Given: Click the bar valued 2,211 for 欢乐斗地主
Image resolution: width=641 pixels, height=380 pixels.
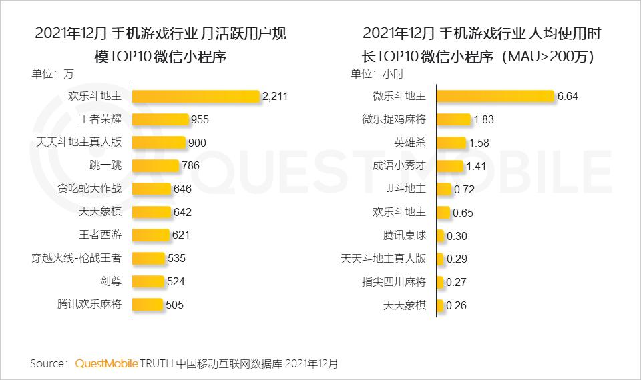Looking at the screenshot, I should coord(196,96).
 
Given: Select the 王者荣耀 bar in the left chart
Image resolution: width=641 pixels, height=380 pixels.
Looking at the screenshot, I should coord(160,119).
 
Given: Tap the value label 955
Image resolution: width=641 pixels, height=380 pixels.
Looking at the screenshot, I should coord(200,120).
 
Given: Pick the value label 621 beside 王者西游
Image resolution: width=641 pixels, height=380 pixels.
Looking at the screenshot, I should coord(181,235).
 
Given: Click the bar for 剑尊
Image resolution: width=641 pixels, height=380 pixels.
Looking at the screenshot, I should coord(147,281).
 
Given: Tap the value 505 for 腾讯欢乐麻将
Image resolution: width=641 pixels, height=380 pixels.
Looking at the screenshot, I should coord(174,305).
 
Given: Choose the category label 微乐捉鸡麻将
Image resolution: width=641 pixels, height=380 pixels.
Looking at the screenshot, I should coord(394,119).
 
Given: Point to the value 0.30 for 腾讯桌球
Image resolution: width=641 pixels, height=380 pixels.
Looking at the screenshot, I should coord(457,235).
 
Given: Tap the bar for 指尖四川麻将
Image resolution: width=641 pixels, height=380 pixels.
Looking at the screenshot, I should coord(439,281).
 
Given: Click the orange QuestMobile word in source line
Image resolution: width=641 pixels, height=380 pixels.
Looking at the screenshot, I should coord(106,363).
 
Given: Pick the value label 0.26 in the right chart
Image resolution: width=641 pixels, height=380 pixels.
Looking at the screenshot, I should coord(456,305).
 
